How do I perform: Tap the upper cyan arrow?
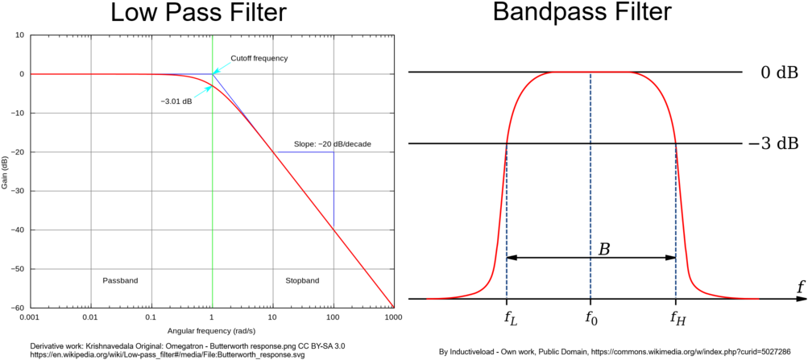[222, 67]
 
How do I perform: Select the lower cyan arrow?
[202, 92]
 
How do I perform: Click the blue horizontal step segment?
[304, 152]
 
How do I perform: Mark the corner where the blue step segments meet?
[334, 152]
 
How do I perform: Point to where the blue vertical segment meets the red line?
[334, 230]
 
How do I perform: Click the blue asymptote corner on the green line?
[213, 74]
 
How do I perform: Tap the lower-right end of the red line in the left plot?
[393, 307]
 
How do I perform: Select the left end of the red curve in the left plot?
[32, 74]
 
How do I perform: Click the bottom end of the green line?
[213, 307]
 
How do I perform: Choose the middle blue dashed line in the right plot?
[590, 185]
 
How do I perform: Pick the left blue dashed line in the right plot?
[507, 221]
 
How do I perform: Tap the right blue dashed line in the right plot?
[676, 221]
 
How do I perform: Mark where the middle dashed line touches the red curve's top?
[590, 72]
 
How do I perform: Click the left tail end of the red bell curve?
[428, 299]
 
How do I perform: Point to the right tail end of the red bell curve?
[758, 299]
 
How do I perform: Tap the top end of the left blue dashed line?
[507, 146]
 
